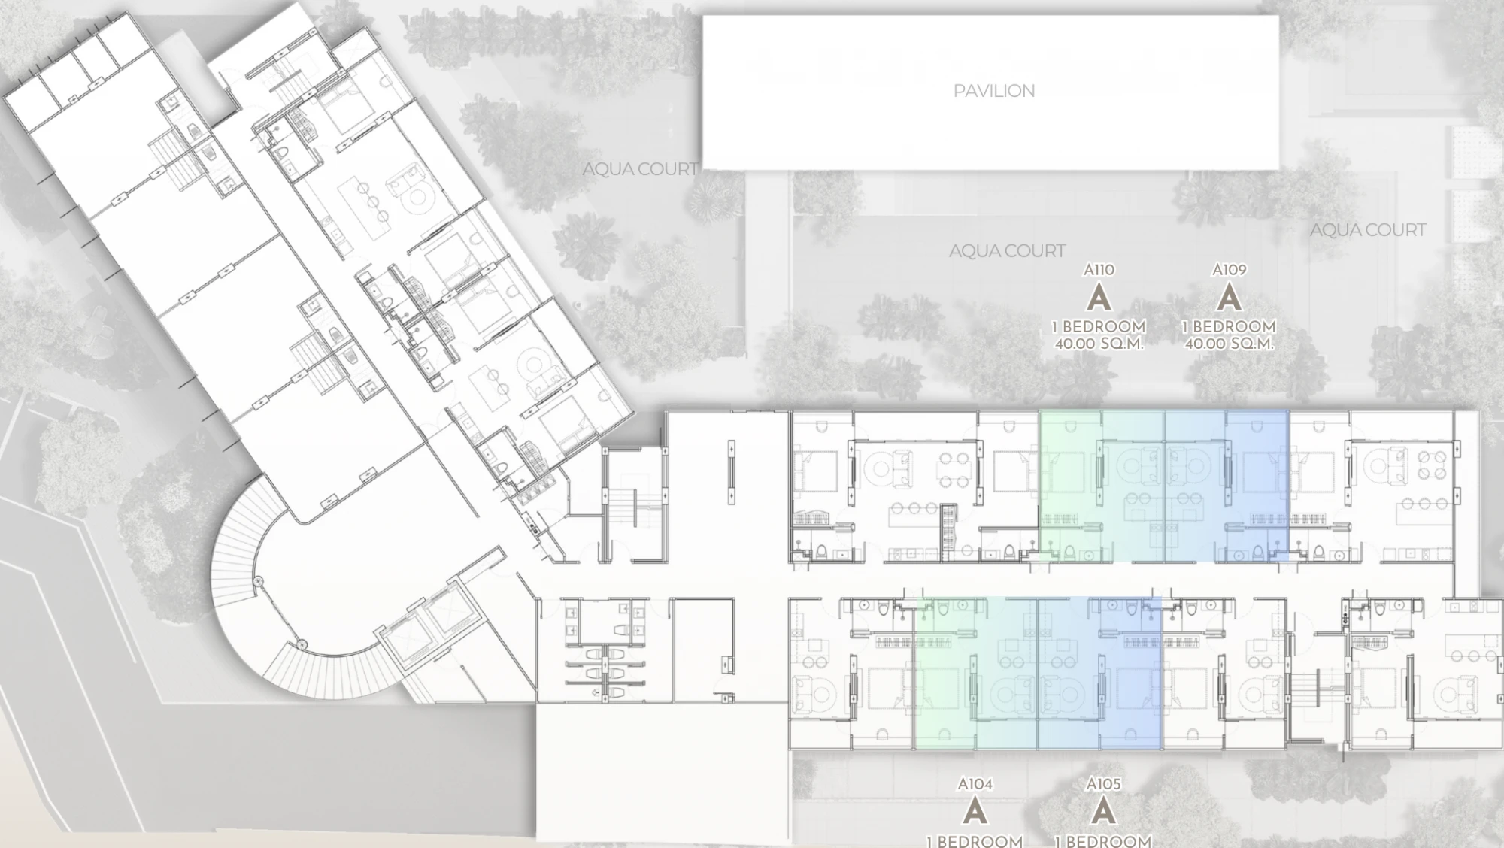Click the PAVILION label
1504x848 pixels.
994,91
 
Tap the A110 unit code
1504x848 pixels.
1099,269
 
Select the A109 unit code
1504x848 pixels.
1229,269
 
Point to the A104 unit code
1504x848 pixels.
975,784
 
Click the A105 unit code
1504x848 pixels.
1103,784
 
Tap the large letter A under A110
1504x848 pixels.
1099,298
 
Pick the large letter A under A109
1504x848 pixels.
1229,298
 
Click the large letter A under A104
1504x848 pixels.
975,812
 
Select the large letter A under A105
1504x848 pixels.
1103,812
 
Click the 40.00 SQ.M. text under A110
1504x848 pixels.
1099,344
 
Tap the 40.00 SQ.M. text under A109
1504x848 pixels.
1229,344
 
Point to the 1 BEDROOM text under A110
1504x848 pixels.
1099,327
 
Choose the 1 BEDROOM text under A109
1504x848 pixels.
1229,327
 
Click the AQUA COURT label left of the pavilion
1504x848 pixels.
641,170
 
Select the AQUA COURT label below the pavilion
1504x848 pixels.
1007,251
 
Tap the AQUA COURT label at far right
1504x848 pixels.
1368,230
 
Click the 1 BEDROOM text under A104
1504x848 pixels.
975,840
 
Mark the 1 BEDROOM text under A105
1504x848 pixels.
1103,840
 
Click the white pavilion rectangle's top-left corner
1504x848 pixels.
703,17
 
